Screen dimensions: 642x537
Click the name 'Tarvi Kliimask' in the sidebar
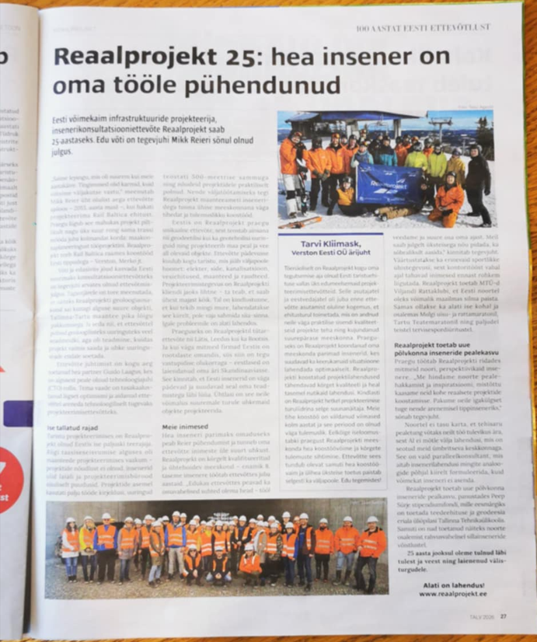pos(332,242)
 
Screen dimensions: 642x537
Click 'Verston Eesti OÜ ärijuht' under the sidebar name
pos(331,253)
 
